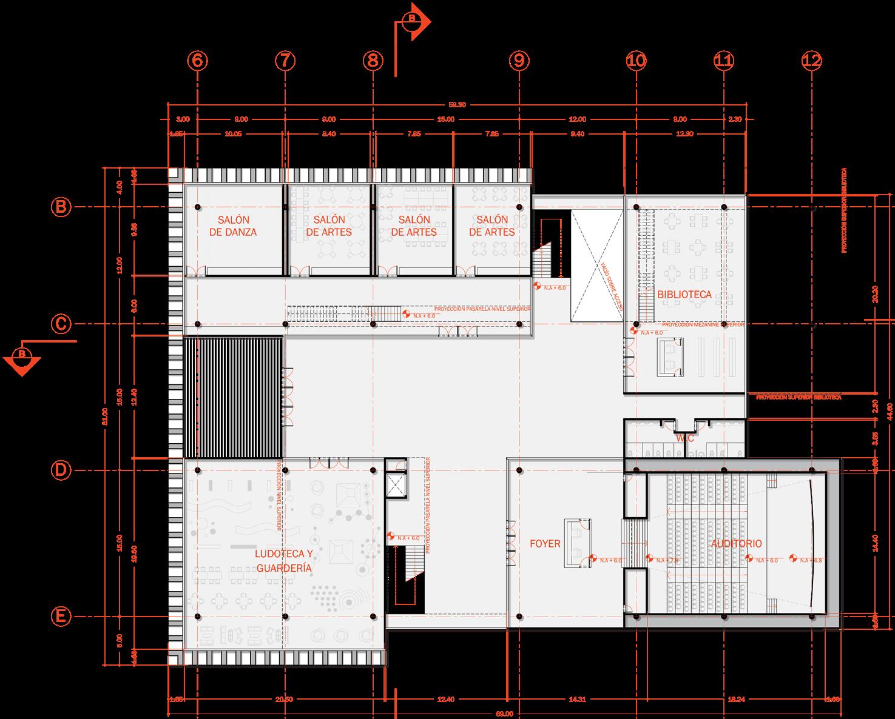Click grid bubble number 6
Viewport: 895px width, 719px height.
pyautogui.click(x=197, y=60)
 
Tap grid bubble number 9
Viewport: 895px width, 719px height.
pyautogui.click(x=519, y=60)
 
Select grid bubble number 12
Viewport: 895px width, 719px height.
pyautogui.click(x=811, y=60)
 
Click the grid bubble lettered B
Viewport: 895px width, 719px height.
pyautogui.click(x=61, y=207)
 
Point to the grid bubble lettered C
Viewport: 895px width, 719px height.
pyautogui.click(x=61, y=324)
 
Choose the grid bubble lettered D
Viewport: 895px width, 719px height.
pyautogui.click(x=61, y=470)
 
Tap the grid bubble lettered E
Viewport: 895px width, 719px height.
pyautogui.click(x=61, y=617)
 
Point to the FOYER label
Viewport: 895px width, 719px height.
pyautogui.click(x=545, y=544)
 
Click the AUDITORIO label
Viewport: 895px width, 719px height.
pyautogui.click(x=736, y=544)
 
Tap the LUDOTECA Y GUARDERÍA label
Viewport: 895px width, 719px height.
pyautogui.click(x=283, y=561)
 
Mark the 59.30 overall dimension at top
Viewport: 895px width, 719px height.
pyautogui.click(x=457, y=105)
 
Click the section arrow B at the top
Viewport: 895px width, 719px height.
pyautogui.click(x=415, y=21)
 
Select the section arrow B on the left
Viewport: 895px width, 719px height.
pyautogui.click(x=22, y=358)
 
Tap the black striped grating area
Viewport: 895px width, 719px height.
pyautogui.click(x=234, y=397)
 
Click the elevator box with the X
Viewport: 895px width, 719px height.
pyautogui.click(x=396, y=484)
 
